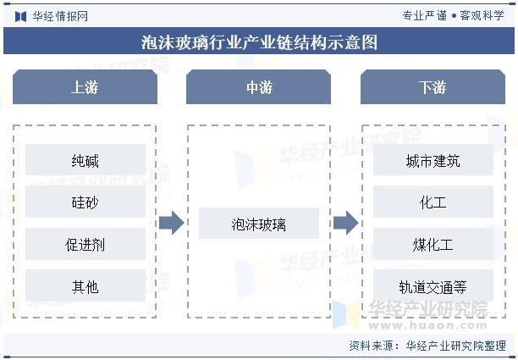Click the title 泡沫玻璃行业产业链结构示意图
coord(259,42)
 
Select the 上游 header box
coord(85,87)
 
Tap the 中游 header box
coord(259,87)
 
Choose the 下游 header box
coord(433,87)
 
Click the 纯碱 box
coord(85,160)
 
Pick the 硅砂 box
coord(85,202)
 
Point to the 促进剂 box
coord(85,245)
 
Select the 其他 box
coord(85,286)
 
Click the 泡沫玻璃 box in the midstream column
coord(259,224)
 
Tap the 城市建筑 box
coord(433,160)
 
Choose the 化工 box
coord(433,202)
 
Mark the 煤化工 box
coord(433,245)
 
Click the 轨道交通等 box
coord(433,286)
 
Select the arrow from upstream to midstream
coord(172,224)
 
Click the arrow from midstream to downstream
coord(345,224)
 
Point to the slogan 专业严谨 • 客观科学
coord(453,15)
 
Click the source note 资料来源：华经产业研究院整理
coord(427,346)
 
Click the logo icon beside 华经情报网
coord(19,15)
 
